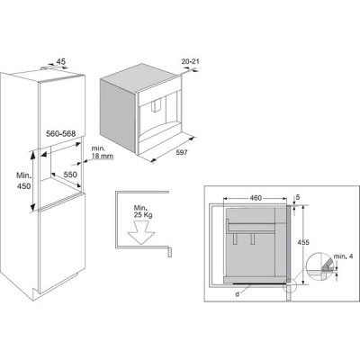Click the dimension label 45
(x=61, y=62)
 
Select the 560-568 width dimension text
(x=60, y=134)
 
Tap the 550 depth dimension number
(x=70, y=175)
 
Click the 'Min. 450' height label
(x=23, y=181)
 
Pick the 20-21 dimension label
(x=191, y=62)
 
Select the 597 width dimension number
(x=182, y=153)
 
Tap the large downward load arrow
(x=140, y=232)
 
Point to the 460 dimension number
(x=256, y=198)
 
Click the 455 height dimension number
(x=303, y=242)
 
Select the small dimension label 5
(x=298, y=197)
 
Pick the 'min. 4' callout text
(x=343, y=256)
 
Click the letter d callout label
(x=237, y=294)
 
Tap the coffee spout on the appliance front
(x=157, y=106)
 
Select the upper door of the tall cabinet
(x=62, y=111)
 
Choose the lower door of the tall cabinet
(x=62, y=242)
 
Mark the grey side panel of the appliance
(x=118, y=114)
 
